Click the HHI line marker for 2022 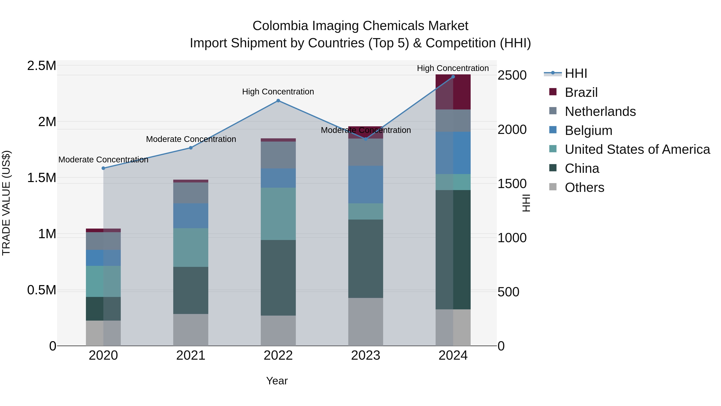pyautogui.click(x=278, y=101)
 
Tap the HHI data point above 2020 pyautogui.click(x=103, y=168)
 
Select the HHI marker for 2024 pyautogui.click(x=453, y=77)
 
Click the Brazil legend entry pyautogui.click(x=581, y=92)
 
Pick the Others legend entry pyautogui.click(x=584, y=187)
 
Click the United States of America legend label pyautogui.click(x=637, y=149)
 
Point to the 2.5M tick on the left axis pyautogui.click(x=41, y=66)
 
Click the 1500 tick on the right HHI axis pyautogui.click(x=512, y=184)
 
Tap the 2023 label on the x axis pyautogui.click(x=366, y=355)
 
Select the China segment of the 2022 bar pyautogui.click(x=278, y=277)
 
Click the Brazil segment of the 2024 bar pyautogui.click(x=453, y=92)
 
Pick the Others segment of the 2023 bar pyautogui.click(x=366, y=322)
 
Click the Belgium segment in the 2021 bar pyautogui.click(x=191, y=216)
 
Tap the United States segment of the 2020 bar pyautogui.click(x=103, y=281)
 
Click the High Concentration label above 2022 pyautogui.click(x=278, y=92)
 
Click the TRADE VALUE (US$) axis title pyautogui.click(x=6, y=203)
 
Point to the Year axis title pyautogui.click(x=277, y=381)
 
